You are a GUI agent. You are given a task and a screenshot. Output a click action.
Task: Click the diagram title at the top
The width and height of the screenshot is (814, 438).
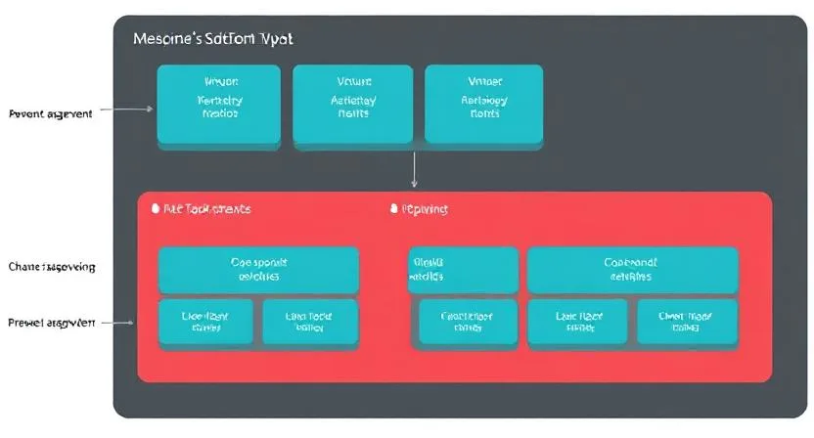[212, 39]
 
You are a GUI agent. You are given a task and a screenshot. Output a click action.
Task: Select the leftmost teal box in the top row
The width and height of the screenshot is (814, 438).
[219, 106]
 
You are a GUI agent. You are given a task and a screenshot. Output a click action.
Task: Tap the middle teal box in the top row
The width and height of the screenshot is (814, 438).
[353, 106]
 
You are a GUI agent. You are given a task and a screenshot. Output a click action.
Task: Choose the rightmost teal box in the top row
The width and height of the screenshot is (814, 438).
[483, 106]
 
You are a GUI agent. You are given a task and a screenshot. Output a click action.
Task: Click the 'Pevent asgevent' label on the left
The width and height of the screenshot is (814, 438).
[50, 113]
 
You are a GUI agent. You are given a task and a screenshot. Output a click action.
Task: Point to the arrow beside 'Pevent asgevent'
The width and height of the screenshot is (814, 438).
[128, 110]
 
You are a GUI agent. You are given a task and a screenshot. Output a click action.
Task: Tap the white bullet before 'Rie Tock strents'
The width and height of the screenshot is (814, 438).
[155, 209]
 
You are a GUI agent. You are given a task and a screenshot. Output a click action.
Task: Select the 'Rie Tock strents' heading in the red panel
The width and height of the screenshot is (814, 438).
[206, 209]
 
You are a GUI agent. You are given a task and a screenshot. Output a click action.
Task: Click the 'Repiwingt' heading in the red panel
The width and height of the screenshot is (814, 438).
[425, 209]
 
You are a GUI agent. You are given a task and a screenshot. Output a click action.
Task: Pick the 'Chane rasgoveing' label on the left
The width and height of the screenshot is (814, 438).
[52, 266]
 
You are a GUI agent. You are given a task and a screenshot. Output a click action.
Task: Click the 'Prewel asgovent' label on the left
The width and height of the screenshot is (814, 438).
[51, 322]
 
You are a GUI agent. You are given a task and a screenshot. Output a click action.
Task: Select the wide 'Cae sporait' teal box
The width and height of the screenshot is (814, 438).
[258, 269]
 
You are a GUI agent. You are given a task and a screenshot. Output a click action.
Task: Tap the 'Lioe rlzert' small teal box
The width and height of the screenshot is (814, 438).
[205, 322]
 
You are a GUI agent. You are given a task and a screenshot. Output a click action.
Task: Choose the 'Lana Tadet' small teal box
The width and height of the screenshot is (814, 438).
[310, 322]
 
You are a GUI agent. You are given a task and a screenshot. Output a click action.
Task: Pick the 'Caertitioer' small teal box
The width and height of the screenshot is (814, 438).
[468, 322]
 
